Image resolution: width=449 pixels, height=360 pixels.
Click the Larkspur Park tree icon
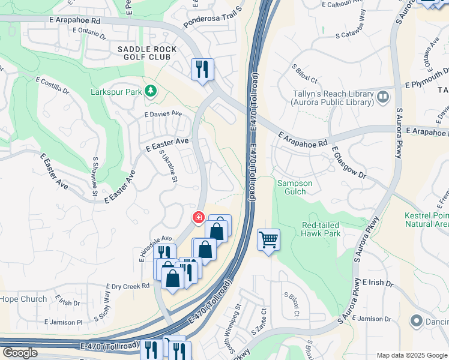pos(150,92)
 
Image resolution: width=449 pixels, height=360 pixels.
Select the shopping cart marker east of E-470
pos(268,240)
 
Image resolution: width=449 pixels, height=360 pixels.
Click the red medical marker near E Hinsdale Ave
pos(197,217)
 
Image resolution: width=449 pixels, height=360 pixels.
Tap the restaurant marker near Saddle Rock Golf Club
pos(202,69)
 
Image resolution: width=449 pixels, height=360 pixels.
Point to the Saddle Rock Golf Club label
pos(147,53)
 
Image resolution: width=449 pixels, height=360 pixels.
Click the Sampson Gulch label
pos(292,187)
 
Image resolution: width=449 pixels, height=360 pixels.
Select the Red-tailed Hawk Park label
pos(321,229)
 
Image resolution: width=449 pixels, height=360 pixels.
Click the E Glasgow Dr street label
pos(348,163)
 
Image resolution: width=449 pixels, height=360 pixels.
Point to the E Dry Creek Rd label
pos(127,286)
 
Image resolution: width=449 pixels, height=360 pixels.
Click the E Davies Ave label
pos(163,113)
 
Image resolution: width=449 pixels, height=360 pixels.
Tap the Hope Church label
pos(23,299)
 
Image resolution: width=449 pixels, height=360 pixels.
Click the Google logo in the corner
pos(20,353)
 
